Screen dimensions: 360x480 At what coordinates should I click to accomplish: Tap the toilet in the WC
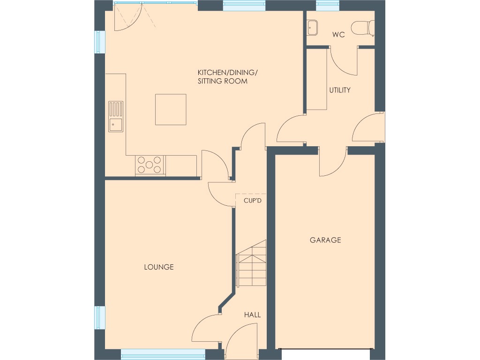click(365, 27)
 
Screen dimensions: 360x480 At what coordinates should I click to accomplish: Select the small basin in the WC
click(313, 28)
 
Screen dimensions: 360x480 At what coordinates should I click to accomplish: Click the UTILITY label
click(339, 90)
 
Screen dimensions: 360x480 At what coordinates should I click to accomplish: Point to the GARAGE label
click(325, 240)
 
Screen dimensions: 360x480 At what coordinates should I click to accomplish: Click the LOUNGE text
click(158, 267)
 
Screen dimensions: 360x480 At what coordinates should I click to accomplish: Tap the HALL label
click(252, 315)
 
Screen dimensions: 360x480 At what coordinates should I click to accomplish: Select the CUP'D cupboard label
click(252, 201)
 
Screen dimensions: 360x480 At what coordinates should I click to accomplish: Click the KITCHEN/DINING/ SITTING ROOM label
click(228, 77)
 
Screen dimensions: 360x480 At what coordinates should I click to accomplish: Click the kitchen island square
click(171, 109)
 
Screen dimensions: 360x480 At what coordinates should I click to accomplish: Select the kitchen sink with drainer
click(116, 117)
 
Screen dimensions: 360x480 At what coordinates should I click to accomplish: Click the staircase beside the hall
click(251, 270)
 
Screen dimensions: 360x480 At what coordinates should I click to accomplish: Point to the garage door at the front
click(325, 349)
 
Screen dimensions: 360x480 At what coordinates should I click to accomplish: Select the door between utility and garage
click(333, 162)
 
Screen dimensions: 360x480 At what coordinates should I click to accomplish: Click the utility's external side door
click(368, 127)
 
